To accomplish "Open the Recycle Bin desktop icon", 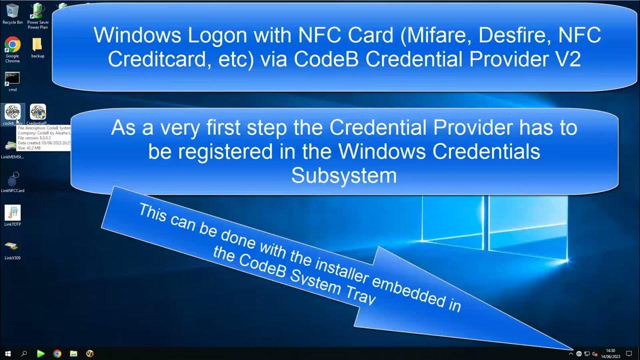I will click(x=12, y=11).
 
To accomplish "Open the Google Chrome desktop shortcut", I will click(x=12, y=45).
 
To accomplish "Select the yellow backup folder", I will click(x=37, y=45).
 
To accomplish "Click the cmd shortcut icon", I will click(x=12, y=78).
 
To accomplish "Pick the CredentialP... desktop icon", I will click(x=38, y=112).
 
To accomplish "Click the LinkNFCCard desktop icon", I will click(x=12, y=179).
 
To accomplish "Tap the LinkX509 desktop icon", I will click(x=12, y=247).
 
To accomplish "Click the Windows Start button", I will click(x=8, y=353).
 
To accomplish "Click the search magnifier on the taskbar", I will click(x=24, y=353).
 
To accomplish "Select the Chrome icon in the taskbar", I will click(x=57, y=353).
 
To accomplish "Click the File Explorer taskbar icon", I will click(x=73, y=353).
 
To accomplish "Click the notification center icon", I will click(x=629, y=353).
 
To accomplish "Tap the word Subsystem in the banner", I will click(x=344, y=175).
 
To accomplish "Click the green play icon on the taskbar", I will click(x=40, y=353).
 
